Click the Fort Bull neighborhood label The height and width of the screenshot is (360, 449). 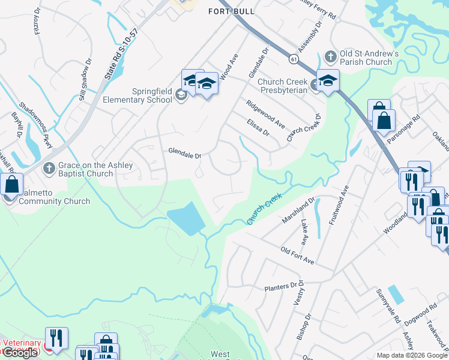(232, 11)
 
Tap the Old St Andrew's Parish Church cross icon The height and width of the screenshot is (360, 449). (330, 57)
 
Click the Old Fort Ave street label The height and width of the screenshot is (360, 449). (297, 254)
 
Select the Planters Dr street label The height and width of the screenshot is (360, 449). (281, 288)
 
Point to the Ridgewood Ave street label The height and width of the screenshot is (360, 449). (265, 113)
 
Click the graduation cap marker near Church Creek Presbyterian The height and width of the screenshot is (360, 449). (328, 81)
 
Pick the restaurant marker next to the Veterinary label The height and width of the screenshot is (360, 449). (57, 338)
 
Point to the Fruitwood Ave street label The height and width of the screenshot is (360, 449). (336, 206)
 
